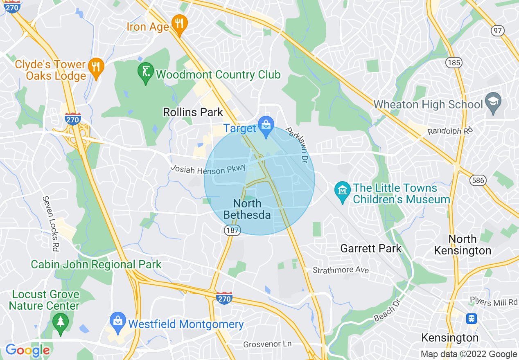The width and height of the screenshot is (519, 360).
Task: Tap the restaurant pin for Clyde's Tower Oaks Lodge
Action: [x=96, y=67]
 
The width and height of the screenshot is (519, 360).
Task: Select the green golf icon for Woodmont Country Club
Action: [x=146, y=72]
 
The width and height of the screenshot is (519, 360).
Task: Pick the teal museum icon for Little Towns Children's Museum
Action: [x=343, y=191]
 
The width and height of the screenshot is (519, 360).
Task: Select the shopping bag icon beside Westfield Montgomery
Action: [x=118, y=322]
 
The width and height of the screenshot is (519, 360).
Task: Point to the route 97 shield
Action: [x=498, y=31]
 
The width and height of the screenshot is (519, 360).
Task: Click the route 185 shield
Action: [x=454, y=63]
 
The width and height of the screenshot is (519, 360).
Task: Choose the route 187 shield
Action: [x=232, y=230]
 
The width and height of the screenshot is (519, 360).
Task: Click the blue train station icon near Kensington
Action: [x=472, y=318]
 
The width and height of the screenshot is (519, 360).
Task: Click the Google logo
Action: [x=27, y=351]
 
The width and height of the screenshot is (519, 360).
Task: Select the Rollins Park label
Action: [x=193, y=112]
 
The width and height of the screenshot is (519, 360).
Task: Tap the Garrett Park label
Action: [x=371, y=248]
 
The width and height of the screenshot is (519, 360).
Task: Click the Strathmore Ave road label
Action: [x=341, y=270]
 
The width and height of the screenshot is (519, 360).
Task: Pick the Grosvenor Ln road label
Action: [x=268, y=344]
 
